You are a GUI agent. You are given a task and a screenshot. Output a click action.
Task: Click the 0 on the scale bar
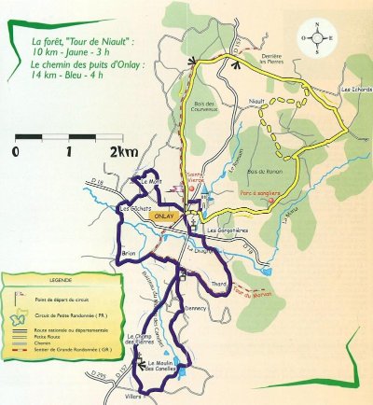17,150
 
